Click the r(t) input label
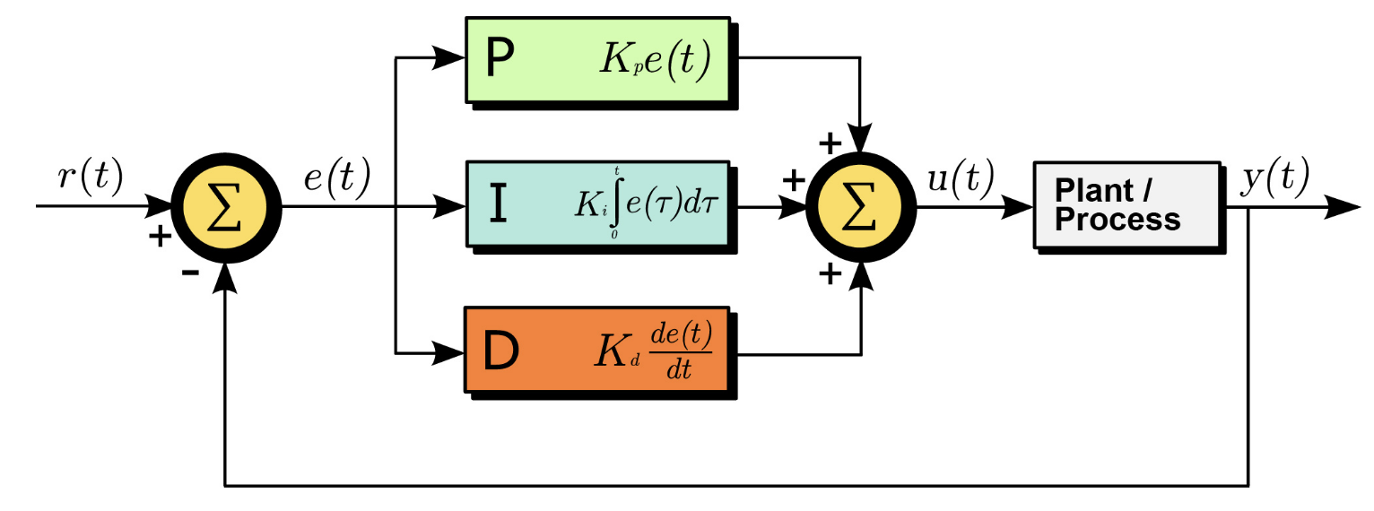pos(91,178)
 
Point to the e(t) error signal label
pos(337,178)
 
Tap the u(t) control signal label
pos(961,178)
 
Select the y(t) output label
pos(1275,178)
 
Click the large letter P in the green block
pos(500,58)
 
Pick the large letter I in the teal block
pos(499,204)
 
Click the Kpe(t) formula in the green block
pos(655,60)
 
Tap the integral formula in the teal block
pos(646,203)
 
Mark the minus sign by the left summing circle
pos(191,272)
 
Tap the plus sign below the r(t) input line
pos(161,236)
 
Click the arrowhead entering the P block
pos(448,57)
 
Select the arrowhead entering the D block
pos(448,353)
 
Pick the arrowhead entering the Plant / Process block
pos(1017,207)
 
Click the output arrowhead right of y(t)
pos(1343,207)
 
